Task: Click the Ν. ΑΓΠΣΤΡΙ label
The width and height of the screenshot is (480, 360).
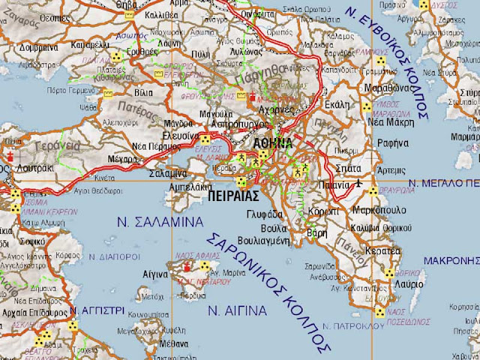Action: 92,310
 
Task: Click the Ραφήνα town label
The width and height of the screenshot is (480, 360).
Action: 391,142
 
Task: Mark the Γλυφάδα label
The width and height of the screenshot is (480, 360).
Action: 263,214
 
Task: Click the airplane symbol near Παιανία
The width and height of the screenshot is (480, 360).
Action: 358,181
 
